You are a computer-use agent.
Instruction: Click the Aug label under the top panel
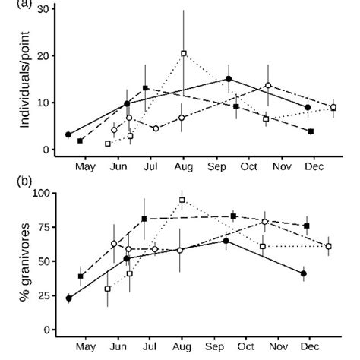(183, 163)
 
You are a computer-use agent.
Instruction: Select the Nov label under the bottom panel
(282, 343)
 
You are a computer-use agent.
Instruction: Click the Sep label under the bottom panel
(216, 343)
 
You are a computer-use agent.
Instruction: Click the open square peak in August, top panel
(183, 53)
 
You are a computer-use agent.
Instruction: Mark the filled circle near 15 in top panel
(229, 79)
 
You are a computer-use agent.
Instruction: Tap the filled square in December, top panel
(311, 131)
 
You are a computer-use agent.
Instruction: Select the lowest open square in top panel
(108, 143)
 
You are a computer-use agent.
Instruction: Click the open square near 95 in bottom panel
(182, 201)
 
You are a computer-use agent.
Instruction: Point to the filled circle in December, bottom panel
(304, 273)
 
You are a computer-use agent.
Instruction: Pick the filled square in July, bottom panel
(144, 219)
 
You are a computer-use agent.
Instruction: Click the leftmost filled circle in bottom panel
(68, 298)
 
